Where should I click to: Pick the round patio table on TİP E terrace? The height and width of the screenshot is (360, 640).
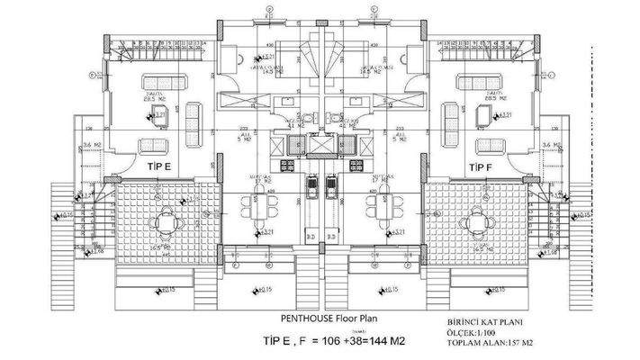tap(166, 219)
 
